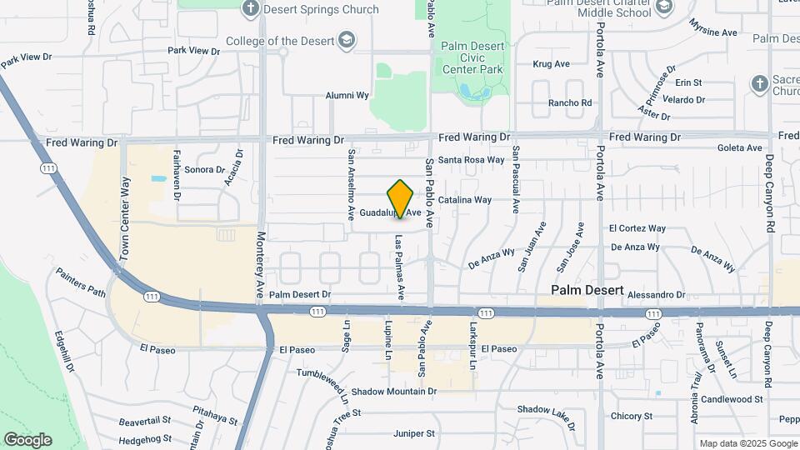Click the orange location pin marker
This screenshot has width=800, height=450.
401,199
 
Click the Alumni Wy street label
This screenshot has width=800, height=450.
347,95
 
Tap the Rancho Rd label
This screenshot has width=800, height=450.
570,103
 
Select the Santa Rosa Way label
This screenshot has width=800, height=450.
472,159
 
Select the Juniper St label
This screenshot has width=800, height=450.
414,433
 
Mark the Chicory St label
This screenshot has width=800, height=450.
631,416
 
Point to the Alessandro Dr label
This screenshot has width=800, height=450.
656,295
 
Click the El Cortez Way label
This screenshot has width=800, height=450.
637,227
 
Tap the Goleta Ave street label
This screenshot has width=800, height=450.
740,148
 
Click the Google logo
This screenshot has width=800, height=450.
27,439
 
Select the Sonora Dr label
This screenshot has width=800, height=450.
199,170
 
